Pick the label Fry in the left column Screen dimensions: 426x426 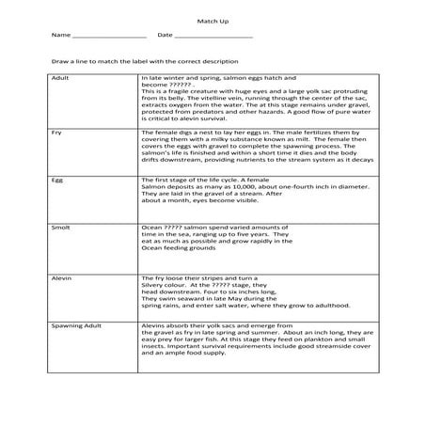57,134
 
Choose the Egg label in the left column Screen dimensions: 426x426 58,178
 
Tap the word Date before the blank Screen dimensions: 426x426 165,36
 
